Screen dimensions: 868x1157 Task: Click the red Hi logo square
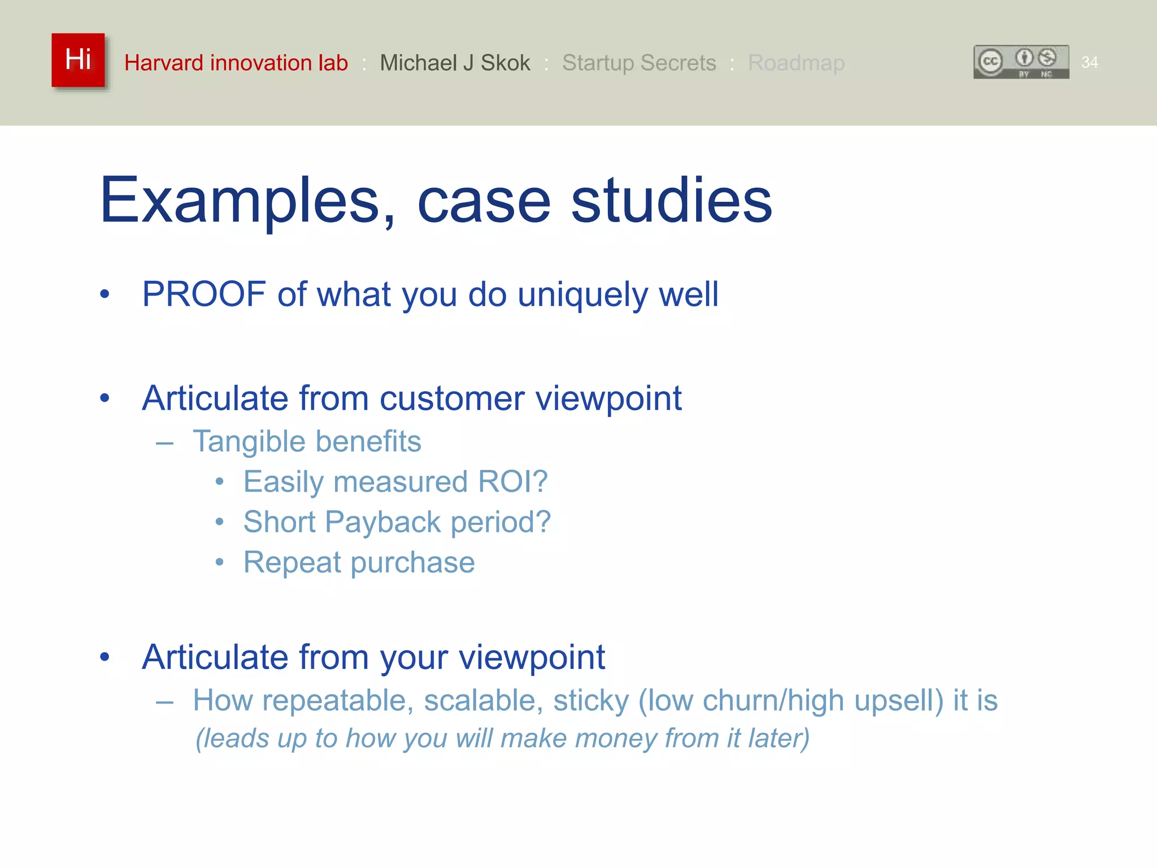point(78,60)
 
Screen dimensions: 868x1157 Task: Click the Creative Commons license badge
point(1021,62)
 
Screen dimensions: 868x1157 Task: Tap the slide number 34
point(1089,62)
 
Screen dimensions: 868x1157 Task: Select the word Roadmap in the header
point(795,63)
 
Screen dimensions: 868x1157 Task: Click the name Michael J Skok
point(455,63)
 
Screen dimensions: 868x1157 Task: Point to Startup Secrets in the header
point(638,63)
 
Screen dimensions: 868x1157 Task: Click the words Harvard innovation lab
point(236,63)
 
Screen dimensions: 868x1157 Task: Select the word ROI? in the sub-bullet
point(512,482)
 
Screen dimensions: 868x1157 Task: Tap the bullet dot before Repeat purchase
point(220,562)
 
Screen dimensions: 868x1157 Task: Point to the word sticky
point(591,701)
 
